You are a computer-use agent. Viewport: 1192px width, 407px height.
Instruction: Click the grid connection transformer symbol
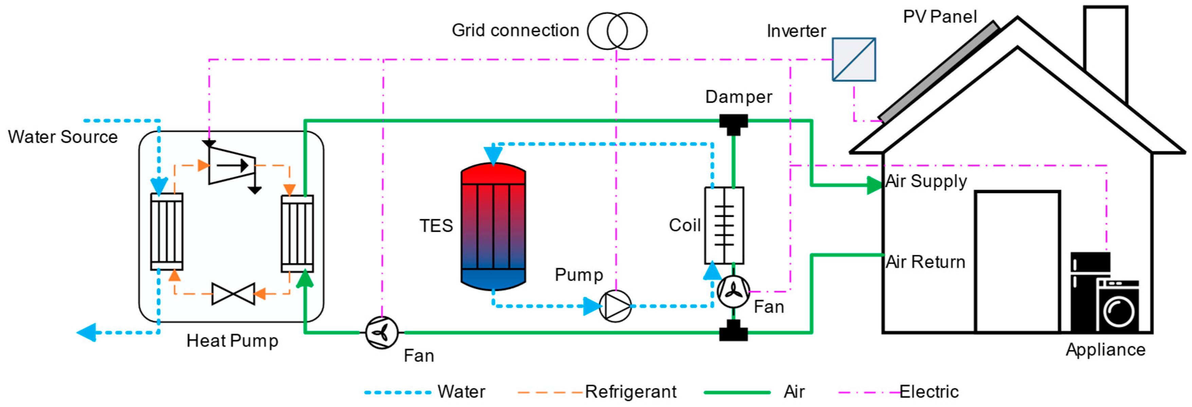coord(617,31)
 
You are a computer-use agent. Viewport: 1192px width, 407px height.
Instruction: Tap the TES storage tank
coord(493,227)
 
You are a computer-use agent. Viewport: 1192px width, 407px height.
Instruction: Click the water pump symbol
coord(615,306)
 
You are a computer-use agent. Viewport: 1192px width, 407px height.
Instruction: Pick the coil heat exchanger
coord(724,226)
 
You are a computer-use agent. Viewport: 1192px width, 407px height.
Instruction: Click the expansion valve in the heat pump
coord(233,294)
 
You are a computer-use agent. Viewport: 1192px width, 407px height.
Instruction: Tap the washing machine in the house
coord(1118,306)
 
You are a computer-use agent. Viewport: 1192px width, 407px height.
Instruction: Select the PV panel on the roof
coord(939,72)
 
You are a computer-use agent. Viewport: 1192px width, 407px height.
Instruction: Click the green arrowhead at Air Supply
coord(874,185)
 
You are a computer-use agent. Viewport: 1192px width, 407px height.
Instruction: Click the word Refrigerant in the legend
coord(630,392)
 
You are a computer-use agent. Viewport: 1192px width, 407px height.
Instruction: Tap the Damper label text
coord(739,97)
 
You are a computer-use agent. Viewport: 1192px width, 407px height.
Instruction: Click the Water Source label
coord(63,137)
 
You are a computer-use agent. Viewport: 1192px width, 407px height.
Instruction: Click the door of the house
coord(1017,261)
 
